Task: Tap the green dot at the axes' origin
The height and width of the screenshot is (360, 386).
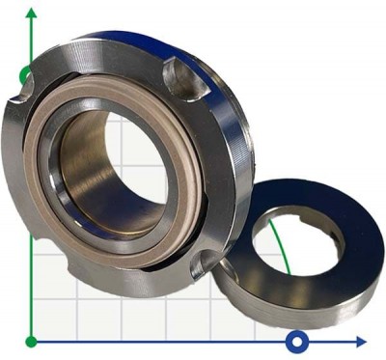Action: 32,341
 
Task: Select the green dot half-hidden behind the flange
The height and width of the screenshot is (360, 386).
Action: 24,73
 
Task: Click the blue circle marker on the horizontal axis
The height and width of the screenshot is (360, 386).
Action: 298,341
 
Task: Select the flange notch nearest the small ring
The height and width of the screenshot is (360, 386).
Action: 206,261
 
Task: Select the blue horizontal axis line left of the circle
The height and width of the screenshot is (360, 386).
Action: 164,341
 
